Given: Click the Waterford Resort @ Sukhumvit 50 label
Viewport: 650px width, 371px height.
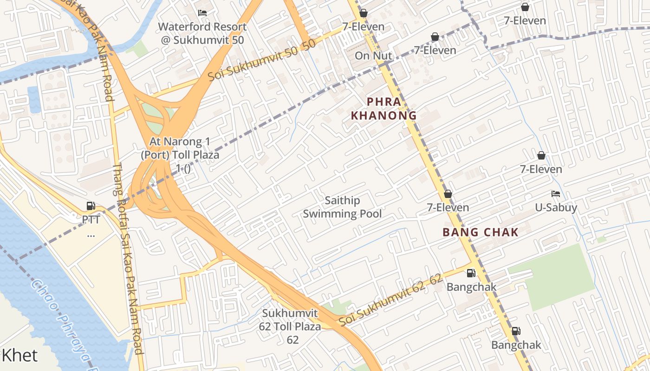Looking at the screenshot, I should coord(202,33).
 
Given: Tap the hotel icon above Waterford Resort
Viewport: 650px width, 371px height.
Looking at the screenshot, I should coord(202,13).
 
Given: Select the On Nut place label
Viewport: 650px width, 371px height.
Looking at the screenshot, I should coord(373,56).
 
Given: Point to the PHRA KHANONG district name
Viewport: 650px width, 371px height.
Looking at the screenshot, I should coord(383,109).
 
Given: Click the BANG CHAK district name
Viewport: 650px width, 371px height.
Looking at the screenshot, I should coord(480,232).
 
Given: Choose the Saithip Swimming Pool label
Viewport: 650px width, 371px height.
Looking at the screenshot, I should coord(342,207).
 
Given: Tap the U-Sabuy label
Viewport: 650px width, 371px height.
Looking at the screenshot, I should coord(556,207).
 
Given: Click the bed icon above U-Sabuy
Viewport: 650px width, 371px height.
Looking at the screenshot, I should coord(555,194).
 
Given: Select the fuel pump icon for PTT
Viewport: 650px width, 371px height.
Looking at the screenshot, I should coord(91,206).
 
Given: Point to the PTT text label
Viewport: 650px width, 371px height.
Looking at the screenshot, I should coord(91,219).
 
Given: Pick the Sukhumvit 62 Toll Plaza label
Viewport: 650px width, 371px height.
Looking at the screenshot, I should coord(290,326).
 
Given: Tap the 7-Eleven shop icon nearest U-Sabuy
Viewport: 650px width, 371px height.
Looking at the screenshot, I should coord(541,155).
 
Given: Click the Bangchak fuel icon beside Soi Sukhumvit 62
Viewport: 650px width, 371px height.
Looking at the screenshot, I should coord(471,273).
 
